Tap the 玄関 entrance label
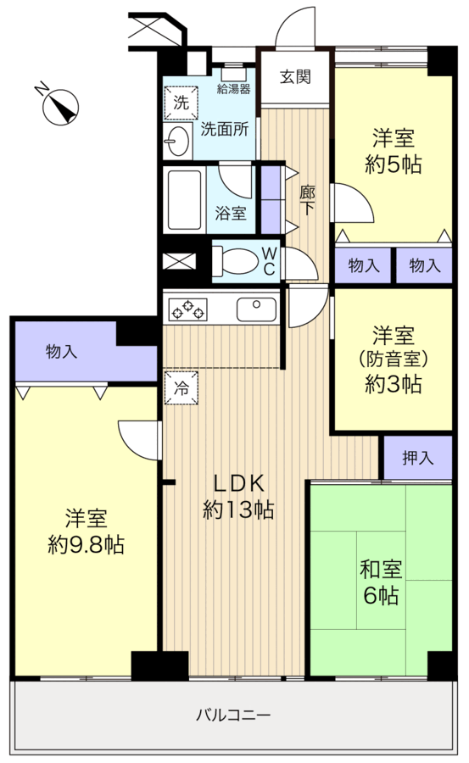pos(295,77)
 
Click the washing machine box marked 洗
pos(181,103)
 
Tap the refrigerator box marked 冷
pos(181,388)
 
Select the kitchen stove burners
pos(188,310)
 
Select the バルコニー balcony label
pos(232,715)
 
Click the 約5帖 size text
pos(392,164)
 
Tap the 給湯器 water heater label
pos(232,88)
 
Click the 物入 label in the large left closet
pos(62,349)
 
